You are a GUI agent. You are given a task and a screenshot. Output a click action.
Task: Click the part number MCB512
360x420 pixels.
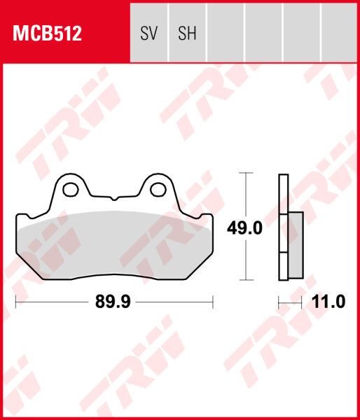(x=46, y=34)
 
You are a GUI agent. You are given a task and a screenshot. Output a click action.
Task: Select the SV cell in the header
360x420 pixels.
(x=148, y=34)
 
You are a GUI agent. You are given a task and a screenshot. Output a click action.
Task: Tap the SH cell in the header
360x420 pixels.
(x=187, y=34)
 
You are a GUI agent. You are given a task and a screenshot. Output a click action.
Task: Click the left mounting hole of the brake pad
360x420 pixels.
(x=69, y=189)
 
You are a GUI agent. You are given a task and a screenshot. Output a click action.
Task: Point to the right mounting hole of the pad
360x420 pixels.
(x=158, y=189)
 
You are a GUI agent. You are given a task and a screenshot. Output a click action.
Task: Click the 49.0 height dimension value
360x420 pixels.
(x=245, y=228)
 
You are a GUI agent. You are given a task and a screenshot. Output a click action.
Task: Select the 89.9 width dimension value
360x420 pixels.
(x=114, y=302)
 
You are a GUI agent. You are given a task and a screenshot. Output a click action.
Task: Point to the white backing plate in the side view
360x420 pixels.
(x=283, y=196)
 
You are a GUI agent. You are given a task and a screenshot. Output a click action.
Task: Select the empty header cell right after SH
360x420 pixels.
(x=226, y=34)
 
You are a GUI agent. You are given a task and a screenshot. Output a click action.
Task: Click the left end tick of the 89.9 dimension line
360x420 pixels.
(x=15, y=302)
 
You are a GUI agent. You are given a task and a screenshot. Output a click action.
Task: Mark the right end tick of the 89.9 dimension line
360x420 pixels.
(x=212, y=302)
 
